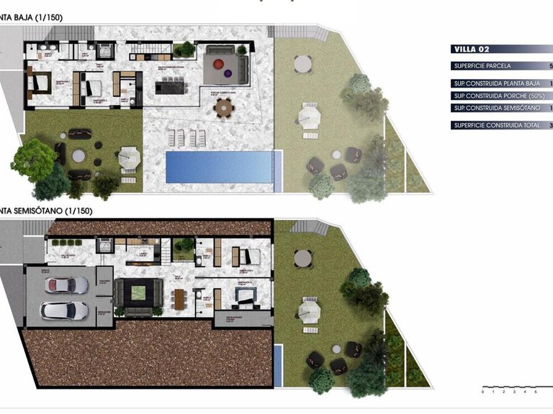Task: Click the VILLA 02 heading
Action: click(472, 49)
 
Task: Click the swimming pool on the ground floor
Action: click(219, 167)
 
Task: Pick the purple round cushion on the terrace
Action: click(227, 72)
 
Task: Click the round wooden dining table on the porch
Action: click(224, 109)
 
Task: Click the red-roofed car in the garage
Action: click(66, 285)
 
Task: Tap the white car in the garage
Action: click(64, 310)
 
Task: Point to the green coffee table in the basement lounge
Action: click(139, 293)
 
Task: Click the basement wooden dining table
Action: click(179, 297)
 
